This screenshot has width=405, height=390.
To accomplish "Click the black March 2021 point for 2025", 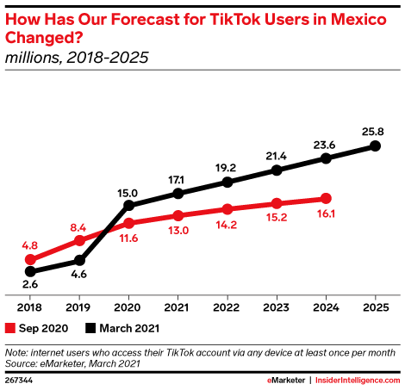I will point(375,145).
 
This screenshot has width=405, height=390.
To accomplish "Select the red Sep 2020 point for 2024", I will point(326,197).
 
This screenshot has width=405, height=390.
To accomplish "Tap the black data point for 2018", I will point(30,271).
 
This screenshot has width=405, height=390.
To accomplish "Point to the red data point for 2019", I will point(79,240).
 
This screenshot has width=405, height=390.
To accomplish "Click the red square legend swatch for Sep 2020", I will point(10,327).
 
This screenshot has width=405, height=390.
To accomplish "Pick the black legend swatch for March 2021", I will point(91,327).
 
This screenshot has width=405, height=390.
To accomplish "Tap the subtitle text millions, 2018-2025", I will point(77,58).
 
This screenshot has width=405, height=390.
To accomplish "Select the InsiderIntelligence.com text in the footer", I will point(358,379).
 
